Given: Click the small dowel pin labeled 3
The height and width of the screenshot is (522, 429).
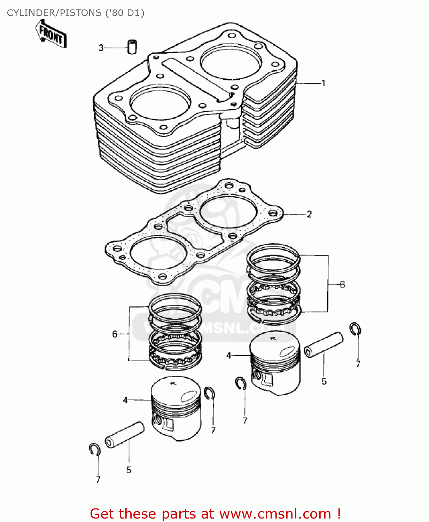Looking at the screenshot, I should [132, 47].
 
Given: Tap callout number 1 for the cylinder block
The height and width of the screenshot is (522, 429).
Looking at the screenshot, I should [323, 83].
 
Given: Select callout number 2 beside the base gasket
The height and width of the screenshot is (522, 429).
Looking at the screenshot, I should [309, 214].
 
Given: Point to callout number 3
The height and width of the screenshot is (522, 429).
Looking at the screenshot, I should [101, 48].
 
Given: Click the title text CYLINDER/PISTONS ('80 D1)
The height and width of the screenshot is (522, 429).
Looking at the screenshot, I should [76, 13].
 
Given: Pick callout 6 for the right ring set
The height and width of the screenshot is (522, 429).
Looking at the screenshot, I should [342, 285].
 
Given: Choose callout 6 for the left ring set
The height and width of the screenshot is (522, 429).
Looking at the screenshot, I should [115, 334].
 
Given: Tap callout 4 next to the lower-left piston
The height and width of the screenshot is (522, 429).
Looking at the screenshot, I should [125, 400].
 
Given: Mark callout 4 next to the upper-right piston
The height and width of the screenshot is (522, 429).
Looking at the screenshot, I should [228, 356].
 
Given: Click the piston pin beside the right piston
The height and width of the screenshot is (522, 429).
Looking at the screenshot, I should [323, 345].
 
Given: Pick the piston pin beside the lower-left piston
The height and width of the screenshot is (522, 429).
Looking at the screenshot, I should [124, 435].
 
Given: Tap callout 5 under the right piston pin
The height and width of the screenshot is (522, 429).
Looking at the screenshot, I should [324, 381].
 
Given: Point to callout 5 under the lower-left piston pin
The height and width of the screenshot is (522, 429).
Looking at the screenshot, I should [128, 470].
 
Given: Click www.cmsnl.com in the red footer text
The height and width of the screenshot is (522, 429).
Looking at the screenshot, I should [275, 514].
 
